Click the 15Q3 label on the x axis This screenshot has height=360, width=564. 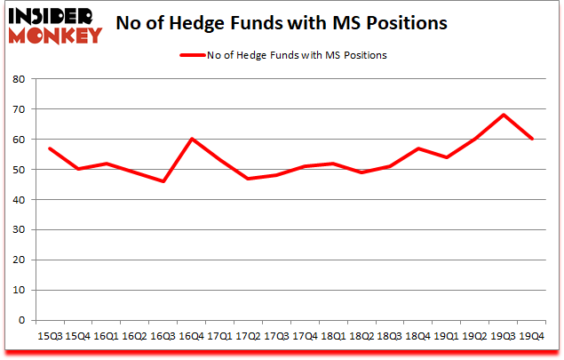[x=49, y=336]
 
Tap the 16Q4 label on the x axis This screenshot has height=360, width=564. [x=192, y=336]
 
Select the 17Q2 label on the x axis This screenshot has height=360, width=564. [x=249, y=336]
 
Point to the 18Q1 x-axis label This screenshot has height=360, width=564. [x=334, y=336]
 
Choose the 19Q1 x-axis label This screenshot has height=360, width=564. [x=448, y=336]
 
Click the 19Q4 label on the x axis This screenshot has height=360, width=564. [x=533, y=336]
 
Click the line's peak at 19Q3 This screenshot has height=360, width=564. [x=504, y=115]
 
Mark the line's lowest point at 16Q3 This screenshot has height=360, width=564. [x=163, y=181]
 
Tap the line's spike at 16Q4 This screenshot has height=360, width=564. [x=192, y=139]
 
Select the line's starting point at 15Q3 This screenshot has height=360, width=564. [x=49, y=148]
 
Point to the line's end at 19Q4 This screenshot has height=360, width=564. [x=533, y=139]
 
